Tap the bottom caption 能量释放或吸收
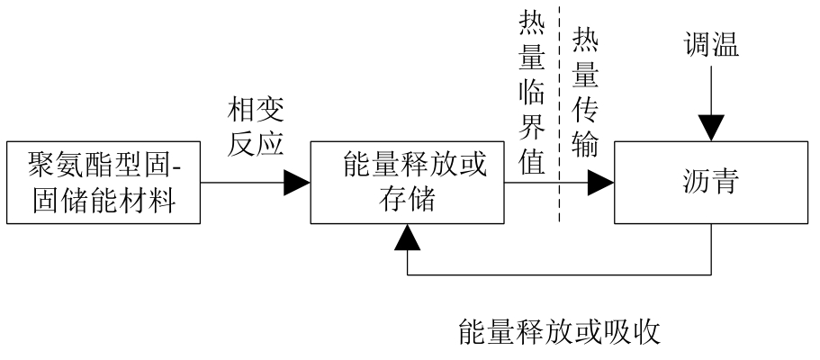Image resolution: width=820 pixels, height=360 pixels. coord(560,334)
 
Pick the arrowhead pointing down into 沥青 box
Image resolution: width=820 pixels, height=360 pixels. coord(711,129)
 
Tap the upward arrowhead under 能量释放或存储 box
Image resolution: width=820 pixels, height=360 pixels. coord(407,237)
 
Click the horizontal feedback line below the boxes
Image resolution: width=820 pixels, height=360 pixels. coord(558,274)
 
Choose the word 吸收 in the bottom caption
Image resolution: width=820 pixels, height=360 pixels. coord(636,334)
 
